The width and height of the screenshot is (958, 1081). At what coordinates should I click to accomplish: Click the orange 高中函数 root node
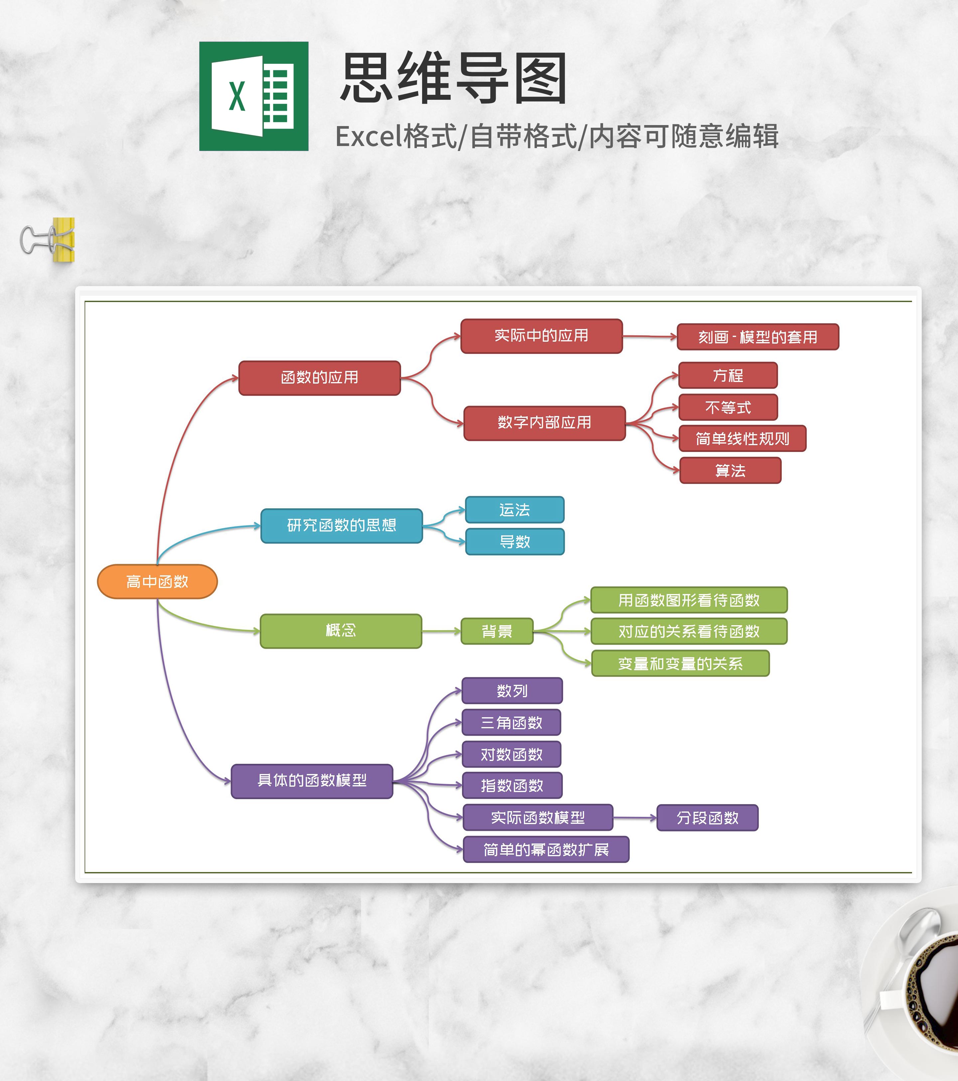[x=157, y=582]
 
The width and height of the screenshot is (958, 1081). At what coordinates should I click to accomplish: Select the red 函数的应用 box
[x=320, y=378]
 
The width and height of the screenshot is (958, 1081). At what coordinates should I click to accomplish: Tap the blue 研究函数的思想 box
[x=341, y=525]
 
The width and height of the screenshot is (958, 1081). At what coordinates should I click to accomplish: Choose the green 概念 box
[x=341, y=630]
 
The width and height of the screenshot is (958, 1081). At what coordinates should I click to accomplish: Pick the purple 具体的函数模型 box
[x=312, y=781]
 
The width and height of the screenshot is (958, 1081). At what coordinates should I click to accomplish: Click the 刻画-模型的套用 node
[x=757, y=337]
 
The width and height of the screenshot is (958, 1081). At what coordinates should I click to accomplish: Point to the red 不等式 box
[x=728, y=407]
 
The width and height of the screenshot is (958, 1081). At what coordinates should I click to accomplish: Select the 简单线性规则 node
[x=742, y=438]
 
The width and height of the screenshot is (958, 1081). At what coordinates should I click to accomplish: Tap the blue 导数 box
[x=515, y=541]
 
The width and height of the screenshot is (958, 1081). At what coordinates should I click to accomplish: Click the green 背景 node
[x=497, y=631]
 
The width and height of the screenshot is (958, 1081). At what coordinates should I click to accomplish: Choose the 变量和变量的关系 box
[x=680, y=663]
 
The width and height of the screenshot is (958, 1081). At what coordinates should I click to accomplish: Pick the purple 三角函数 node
[x=511, y=722]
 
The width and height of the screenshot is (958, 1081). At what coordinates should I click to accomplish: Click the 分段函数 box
[x=707, y=818]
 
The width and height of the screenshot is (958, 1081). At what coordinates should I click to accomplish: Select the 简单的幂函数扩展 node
[x=546, y=849]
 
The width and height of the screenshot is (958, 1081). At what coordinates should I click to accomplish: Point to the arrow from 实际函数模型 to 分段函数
[x=635, y=818]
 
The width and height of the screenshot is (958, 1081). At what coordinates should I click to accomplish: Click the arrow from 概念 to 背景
[x=441, y=631]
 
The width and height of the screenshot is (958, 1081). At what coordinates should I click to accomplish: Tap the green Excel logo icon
[x=253, y=96]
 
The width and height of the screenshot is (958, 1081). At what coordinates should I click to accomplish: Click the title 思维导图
[x=453, y=78]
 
